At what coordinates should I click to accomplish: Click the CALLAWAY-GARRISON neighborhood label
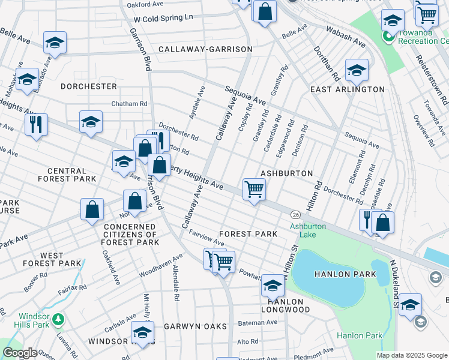click(x=205, y=49)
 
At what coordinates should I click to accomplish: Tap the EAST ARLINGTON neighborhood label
click(x=347, y=89)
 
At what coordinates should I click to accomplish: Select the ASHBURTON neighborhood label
click(x=286, y=173)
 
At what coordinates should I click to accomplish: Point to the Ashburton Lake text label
click(x=308, y=230)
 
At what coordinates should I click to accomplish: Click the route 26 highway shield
click(x=295, y=214)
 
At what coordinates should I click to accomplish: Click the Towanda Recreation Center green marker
click(x=388, y=37)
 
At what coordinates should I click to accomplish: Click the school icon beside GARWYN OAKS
click(x=143, y=331)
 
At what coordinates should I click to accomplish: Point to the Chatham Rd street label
click(x=129, y=104)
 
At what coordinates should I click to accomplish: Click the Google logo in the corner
click(x=20, y=353)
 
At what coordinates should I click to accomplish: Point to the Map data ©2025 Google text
click(x=412, y=355)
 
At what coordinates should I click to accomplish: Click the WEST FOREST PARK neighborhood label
click(x=52, y=260)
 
